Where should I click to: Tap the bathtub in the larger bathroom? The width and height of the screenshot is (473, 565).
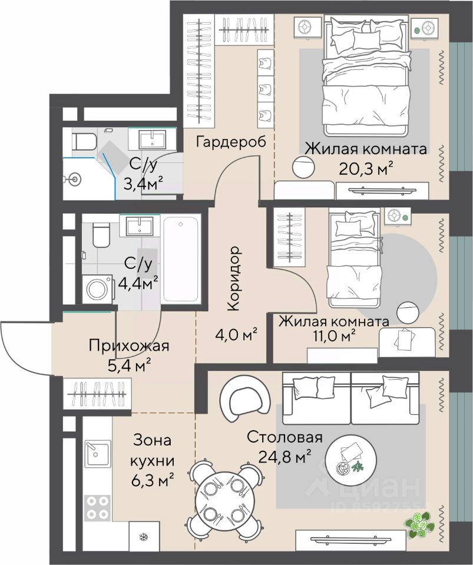(181, 260)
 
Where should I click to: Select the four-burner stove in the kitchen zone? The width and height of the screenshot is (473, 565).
(98, 508)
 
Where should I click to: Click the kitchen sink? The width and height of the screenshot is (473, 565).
(97, 453)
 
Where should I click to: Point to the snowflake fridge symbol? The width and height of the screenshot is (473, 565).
(144, 537)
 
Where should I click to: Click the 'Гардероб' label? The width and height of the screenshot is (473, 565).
(231, 142)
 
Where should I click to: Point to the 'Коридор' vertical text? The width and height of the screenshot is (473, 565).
(233, 278)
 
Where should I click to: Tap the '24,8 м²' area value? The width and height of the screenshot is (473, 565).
(285, 456)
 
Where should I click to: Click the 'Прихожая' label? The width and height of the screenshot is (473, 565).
(129, 346)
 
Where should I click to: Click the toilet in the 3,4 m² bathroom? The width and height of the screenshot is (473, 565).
(85, 142)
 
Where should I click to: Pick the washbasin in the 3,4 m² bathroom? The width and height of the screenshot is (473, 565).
(153, 139)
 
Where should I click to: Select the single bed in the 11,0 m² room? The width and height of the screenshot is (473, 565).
(354, 258)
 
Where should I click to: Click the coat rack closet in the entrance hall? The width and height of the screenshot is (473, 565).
(97, 394)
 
